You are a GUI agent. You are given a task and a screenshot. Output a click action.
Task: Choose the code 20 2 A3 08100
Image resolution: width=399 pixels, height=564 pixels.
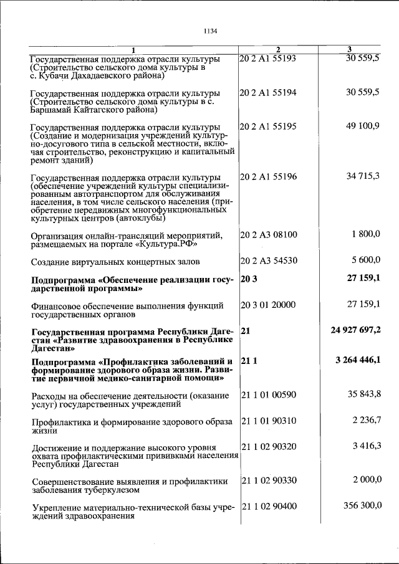point(269,235)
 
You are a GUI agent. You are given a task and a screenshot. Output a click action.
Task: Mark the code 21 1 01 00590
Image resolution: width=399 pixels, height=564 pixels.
point(269,395)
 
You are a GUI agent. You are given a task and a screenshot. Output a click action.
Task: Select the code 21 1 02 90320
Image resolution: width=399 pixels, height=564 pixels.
point(269,447)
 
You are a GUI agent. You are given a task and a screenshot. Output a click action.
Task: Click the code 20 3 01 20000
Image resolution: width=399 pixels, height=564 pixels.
point(269,305)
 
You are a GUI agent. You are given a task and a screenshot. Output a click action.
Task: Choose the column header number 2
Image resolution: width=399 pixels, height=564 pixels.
point(278,50)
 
